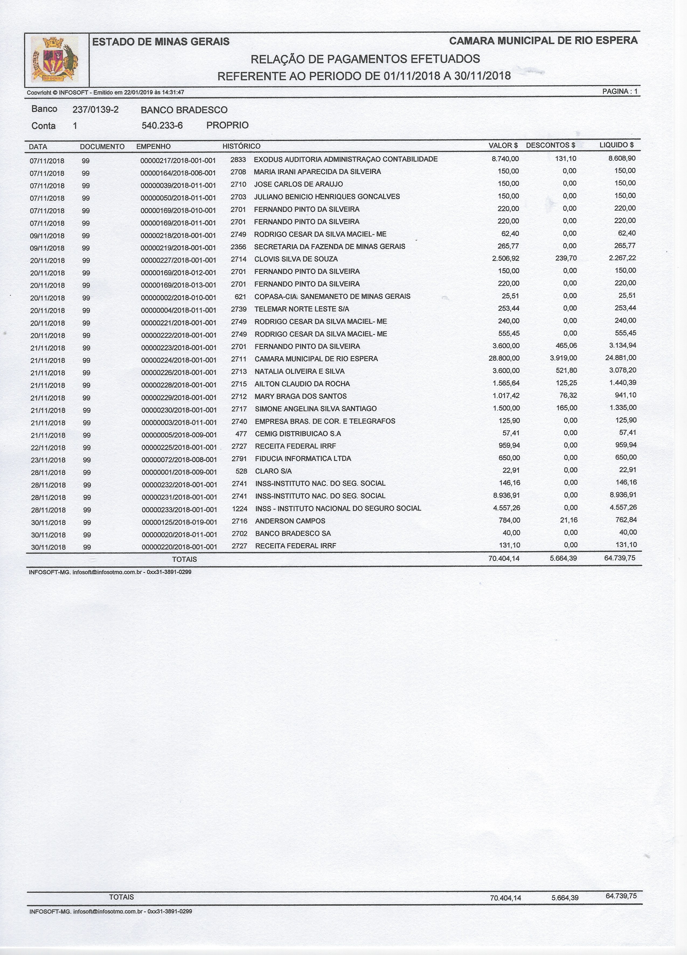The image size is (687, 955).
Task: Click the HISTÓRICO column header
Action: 241,146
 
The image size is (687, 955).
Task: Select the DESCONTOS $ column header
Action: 550,145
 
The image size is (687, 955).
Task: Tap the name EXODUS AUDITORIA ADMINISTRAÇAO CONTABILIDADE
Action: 346,159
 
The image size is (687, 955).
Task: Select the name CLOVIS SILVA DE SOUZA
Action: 296,259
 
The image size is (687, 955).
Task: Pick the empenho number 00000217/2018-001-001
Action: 178,160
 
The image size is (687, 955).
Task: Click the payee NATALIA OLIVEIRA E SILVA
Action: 299,371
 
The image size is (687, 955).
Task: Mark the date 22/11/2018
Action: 48,447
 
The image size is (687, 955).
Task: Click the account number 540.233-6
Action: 162,125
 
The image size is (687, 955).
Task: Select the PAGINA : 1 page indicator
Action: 620,91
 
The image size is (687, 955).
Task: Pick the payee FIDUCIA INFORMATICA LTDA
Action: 303,459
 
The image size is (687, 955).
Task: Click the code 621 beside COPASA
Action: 240,297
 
